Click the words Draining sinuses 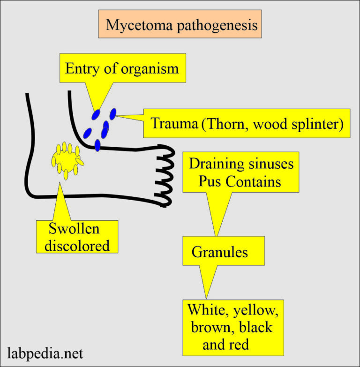[241, 164]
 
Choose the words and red [225, 344]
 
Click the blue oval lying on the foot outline [97, 145]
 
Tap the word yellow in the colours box [255, 310]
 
